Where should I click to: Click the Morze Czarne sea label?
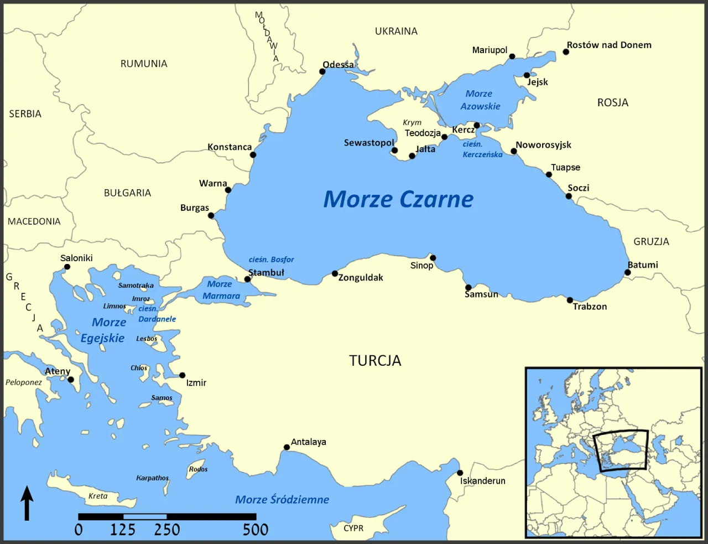pos(398,199)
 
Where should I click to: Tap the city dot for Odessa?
pos(322,71)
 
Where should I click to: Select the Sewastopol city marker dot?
pos(394,151)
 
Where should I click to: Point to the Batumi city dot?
pos(628,272)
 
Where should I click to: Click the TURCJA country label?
pos(375,361)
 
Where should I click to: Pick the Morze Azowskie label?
pos(480,100)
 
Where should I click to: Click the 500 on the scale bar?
pos(255,530)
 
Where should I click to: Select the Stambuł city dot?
pos(248,279)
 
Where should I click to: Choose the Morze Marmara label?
pos(221,290)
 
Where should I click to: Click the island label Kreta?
pos(98,496)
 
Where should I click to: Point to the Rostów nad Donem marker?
pos(566,52)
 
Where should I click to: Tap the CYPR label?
pos(353,528)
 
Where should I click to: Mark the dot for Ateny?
pos(71,380)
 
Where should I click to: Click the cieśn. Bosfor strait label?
pos(271,260)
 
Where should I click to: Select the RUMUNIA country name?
pos(144,64)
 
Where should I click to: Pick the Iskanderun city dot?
pos(460,473)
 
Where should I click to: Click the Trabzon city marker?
pos(570,301)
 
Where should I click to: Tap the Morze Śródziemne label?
pos(282,500)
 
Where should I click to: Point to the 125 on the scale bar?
pos(122,530)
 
